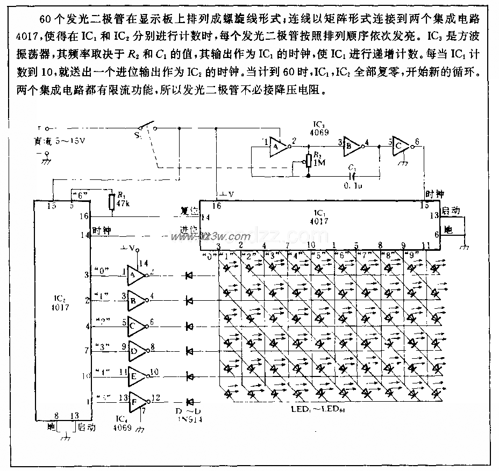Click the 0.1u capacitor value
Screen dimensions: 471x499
(352, 185)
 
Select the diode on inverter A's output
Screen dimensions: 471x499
(189, 276)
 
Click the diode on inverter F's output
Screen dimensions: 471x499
(189, 401)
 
